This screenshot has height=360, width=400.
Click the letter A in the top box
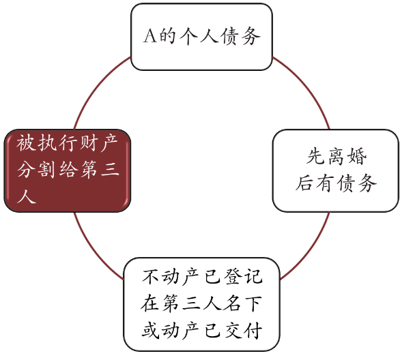tap(149, 36)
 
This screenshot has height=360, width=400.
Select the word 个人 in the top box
tap(199, 36)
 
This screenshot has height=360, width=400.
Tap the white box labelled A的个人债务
tap(201, 37)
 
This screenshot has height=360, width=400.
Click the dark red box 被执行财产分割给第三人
tap(68, 170)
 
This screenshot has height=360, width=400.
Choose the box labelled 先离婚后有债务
tap(336, 170)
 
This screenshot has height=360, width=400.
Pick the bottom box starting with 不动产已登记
tap(202, 305)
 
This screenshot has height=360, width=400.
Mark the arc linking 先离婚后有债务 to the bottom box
tap(310, 250)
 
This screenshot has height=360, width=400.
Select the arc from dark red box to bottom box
tap(94, 249)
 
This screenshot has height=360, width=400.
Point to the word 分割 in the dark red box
tap(36, 170)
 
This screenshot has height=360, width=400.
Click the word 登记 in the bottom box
tap(243, 276)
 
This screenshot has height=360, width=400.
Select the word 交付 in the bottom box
tap(243, 331)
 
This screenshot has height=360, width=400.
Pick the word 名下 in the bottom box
tap(243, 303)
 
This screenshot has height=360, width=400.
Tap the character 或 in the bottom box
tap(151, 331)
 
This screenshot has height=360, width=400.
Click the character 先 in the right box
tap(316, 156)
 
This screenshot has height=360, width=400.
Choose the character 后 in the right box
tap(305, 183)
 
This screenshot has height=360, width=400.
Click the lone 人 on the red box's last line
tap(27, 196)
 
